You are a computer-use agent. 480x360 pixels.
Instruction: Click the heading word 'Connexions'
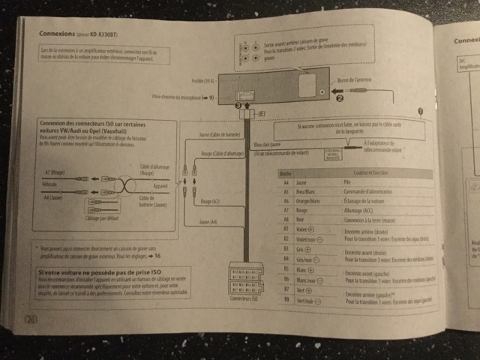pyautogui.click(x=56, y=34)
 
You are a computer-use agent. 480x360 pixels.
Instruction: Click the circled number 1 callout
pyautogui.click(x=421, y=109)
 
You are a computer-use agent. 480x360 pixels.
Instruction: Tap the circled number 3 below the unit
pyautogui.click(x=238, y=106)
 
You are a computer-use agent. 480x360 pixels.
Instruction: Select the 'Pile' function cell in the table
pyautogui.click(x=347, y=181)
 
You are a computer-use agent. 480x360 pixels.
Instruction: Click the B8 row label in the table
pyautogui.click(x=286, y=300)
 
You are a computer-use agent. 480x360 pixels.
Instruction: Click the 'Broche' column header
pyautogui.click(x=285, y=172)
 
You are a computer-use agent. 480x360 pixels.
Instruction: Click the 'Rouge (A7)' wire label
pyautogui.click(x=210, y=201)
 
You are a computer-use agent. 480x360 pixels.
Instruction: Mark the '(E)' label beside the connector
pyautogui.click(x=262, y=112)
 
